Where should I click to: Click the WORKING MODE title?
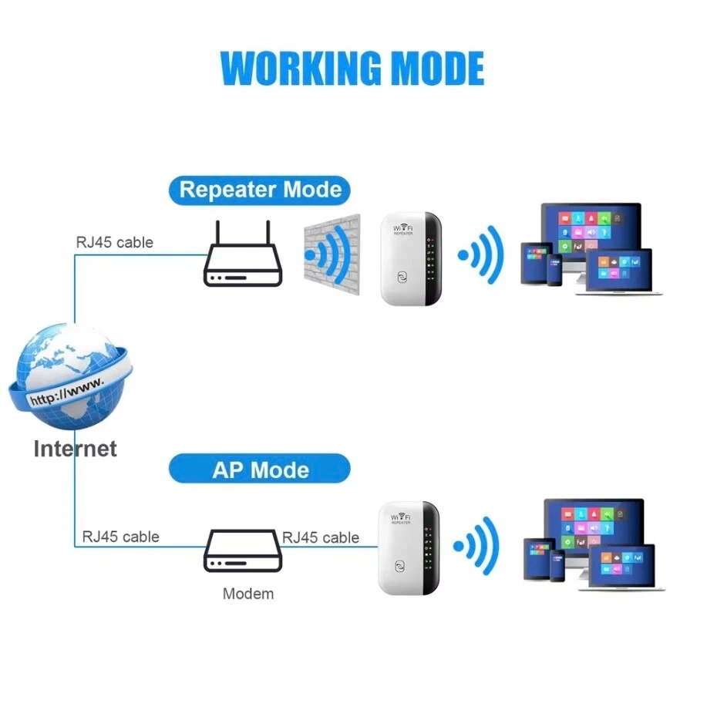point(352,69)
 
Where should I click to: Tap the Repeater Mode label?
point(260,189)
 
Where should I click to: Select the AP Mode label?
point(260,470)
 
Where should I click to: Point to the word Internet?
point(75,449)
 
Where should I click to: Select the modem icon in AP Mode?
point(240,552)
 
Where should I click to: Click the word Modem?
point(247,594)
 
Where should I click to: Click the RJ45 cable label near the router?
point(114,242)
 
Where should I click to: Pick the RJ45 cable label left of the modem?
point(120,537)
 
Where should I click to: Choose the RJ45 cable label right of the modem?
point(321,537)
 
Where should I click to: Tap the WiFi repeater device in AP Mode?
point(409,548)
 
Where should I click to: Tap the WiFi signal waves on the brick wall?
point(327,254)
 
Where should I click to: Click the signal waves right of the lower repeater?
point(477,546)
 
